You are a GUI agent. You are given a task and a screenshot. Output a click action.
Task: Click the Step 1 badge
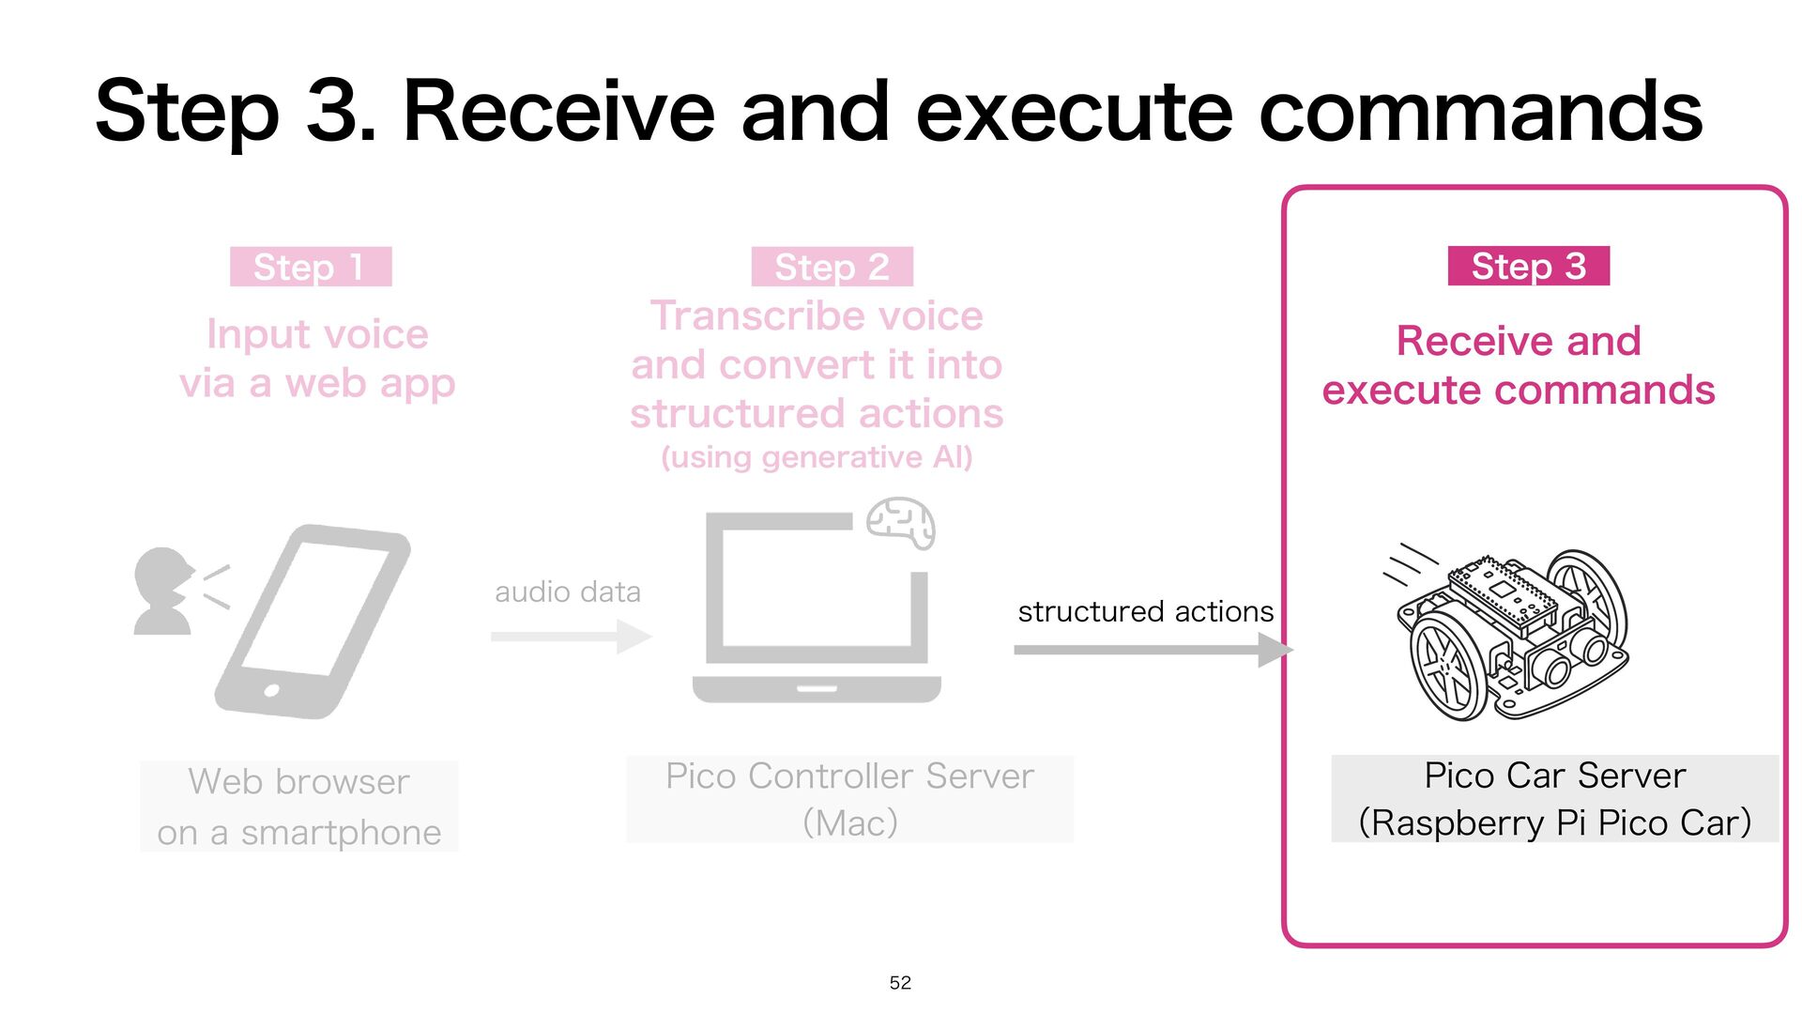[311, 268]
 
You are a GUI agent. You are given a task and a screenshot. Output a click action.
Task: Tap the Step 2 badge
[832, 268]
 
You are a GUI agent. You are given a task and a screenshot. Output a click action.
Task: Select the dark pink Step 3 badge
[1528, 267]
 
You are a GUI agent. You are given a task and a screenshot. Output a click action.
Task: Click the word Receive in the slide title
[557, 113]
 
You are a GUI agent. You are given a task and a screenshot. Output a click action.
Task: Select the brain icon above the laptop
[901, 523]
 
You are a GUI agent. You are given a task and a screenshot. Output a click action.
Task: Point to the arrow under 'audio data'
[571, 637]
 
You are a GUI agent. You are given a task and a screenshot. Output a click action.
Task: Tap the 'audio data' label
[568, 592]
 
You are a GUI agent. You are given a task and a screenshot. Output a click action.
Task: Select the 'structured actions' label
[1145, 612]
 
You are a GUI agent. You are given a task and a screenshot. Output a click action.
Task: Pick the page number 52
[900, 983]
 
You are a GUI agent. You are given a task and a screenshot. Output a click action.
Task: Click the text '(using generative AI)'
[817, 458]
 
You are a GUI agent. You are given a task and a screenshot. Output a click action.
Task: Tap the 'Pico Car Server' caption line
[1554, 776]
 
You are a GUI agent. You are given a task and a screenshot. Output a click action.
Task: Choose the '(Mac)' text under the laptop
[850, 823]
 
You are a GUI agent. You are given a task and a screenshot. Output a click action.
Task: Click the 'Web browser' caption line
[298, 782]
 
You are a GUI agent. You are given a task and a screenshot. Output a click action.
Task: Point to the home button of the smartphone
[272, 691]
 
